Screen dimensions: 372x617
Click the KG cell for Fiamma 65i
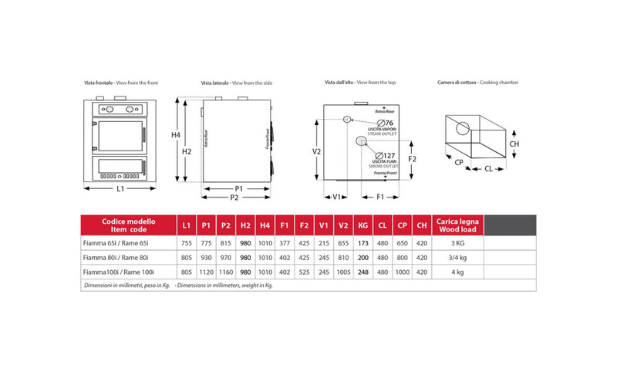[x=363, y=243]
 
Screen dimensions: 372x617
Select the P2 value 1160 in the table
[x=226, y=272]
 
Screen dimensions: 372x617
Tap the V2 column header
[x=343, y=225]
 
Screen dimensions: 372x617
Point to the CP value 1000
[x=403, y=272]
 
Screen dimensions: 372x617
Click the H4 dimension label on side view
[x=176, y=135]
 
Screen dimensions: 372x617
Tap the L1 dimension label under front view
[x=121, y=189]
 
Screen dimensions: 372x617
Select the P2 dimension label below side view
[x=234, y=198]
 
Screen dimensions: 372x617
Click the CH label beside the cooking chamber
[x=514, y=143]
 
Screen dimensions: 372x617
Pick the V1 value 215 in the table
[x=323, y=243]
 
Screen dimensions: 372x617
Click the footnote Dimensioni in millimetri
[x=126, y=286]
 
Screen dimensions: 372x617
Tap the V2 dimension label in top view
[x=316, y=152]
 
